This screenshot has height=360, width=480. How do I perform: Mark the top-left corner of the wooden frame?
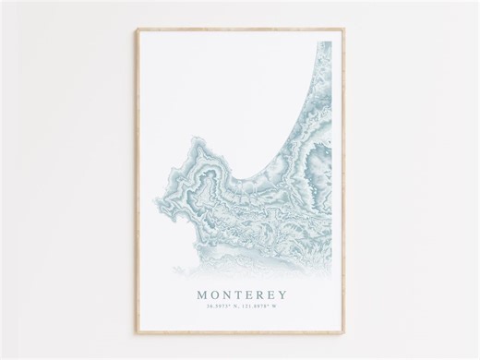click(138, 29)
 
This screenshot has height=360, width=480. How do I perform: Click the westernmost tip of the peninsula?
click(163, 170)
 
